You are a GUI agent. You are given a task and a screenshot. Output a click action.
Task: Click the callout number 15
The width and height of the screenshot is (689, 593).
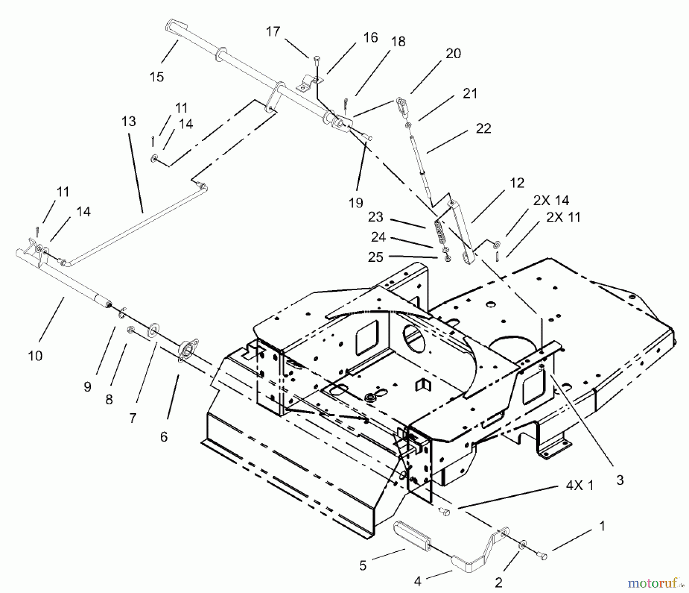tap(157, 77)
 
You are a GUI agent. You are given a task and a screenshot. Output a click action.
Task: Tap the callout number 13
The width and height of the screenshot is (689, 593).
tap(129, 122)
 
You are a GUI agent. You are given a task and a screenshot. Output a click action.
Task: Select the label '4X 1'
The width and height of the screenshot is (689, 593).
tap(580, 486)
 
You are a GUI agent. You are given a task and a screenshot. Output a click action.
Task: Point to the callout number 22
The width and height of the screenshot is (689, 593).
tap(483, 128)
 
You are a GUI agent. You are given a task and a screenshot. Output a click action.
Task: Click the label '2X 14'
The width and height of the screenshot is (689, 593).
tap(551, 200)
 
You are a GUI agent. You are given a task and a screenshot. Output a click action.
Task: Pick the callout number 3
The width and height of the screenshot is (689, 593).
tap(620, 480)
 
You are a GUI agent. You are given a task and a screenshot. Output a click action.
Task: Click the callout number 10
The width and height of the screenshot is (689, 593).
tap(35, 356)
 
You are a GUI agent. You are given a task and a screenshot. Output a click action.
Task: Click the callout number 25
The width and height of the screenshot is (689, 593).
tap(375, 257)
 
